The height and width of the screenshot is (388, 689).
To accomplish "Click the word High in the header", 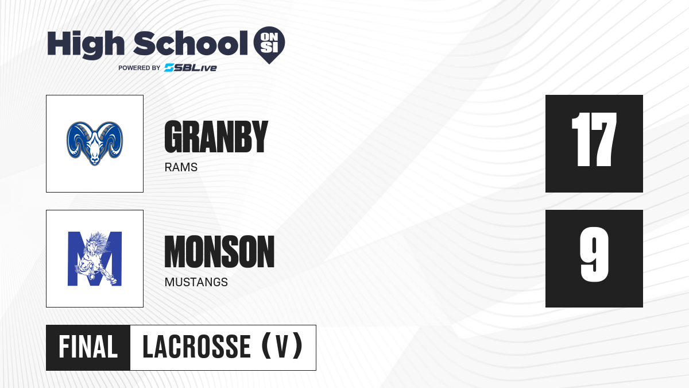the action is point(86,44).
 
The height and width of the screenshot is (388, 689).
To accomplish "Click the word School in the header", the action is point(191,43).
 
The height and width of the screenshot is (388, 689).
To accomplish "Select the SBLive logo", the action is point(191,68).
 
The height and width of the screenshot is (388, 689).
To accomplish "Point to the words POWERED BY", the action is point(139,68).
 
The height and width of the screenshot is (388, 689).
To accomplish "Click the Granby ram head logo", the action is point(95,144).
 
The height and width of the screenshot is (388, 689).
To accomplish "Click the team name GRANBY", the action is point(216,136).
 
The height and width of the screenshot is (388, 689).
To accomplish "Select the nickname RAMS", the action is point(181,167).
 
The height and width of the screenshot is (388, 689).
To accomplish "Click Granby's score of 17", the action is point(594,140).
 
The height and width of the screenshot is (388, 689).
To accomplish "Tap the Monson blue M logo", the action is point(95,259).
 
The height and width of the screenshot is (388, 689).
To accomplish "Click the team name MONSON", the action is point(219,252).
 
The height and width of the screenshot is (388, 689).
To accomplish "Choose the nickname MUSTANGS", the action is point(196,282).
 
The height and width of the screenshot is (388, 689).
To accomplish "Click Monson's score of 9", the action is point(594,255).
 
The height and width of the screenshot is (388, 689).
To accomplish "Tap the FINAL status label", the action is point(88,347).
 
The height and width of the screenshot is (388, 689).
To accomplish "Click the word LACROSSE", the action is point(197,347).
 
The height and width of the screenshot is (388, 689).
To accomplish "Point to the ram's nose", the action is point(95,160).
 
